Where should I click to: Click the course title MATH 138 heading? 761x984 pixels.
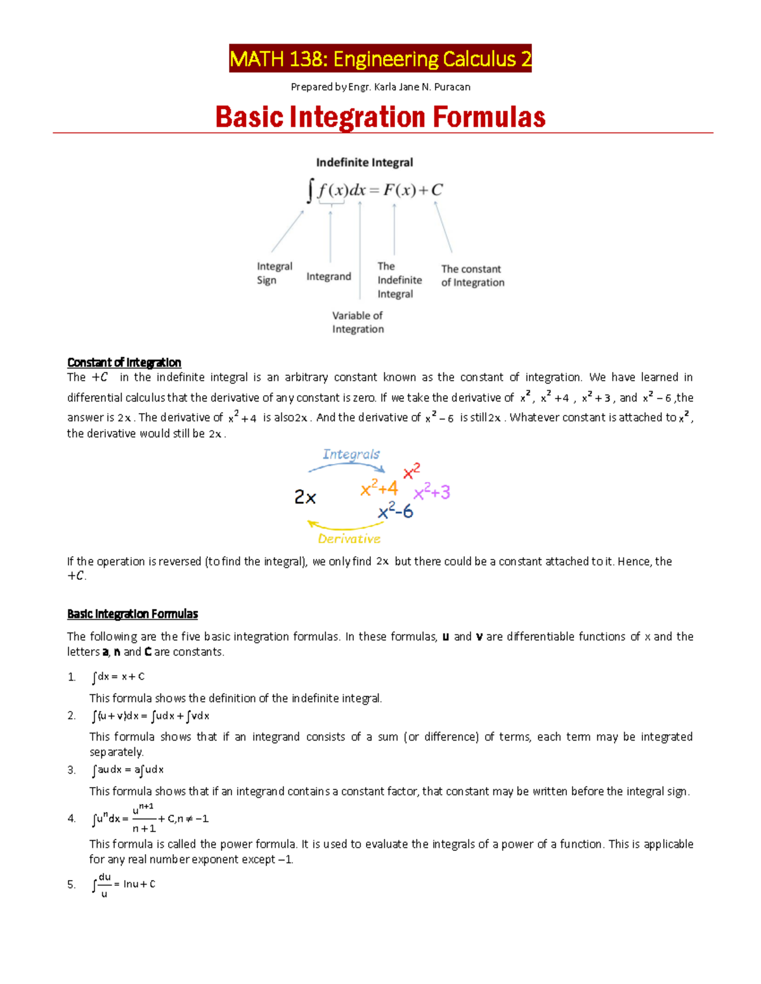click(x=380, y=59)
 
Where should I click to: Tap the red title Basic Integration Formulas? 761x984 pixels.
click(x=380, y=117)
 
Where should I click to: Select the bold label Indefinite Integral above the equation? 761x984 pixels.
click(x=365, y=162)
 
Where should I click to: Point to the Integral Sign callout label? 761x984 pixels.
click(x=274, y=273)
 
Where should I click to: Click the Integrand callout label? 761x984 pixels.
click(x=328, y=276)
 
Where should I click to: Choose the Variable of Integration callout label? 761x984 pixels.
click(x=358, y=322)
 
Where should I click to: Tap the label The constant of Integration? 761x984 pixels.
click(x=472, y=276)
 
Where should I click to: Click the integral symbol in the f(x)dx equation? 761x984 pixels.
click(x=310, y=190)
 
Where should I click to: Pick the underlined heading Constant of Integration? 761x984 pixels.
click(x=124, y=362)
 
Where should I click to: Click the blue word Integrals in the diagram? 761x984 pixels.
click(x=351, y=454)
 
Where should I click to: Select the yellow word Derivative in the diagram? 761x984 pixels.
click(x=349, y=539)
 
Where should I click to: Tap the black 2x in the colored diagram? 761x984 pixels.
click(x=305, y=497)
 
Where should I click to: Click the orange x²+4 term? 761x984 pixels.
click(x=379, y=488)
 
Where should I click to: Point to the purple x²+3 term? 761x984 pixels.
click(x=432, y=491)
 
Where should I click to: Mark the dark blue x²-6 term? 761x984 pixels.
click(x=395, y=511)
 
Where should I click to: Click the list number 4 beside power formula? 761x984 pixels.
click(x=72, y=818)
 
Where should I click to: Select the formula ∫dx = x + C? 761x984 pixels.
click(x=119, y=677)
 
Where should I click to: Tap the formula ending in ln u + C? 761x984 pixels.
click(x=124, y=884)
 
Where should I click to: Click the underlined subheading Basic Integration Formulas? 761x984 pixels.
click(x=133, y=614)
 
